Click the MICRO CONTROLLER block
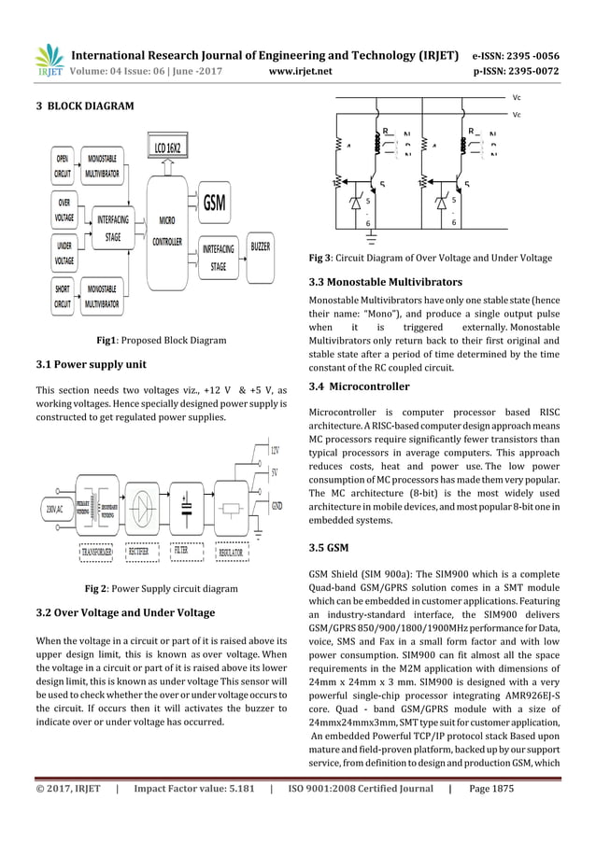[x=168, y=230]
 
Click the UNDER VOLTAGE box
[x=64, y=253]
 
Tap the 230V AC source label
[x=52, y=510]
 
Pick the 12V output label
[x=274, y=451]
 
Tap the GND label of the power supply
[x=276, y=505]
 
